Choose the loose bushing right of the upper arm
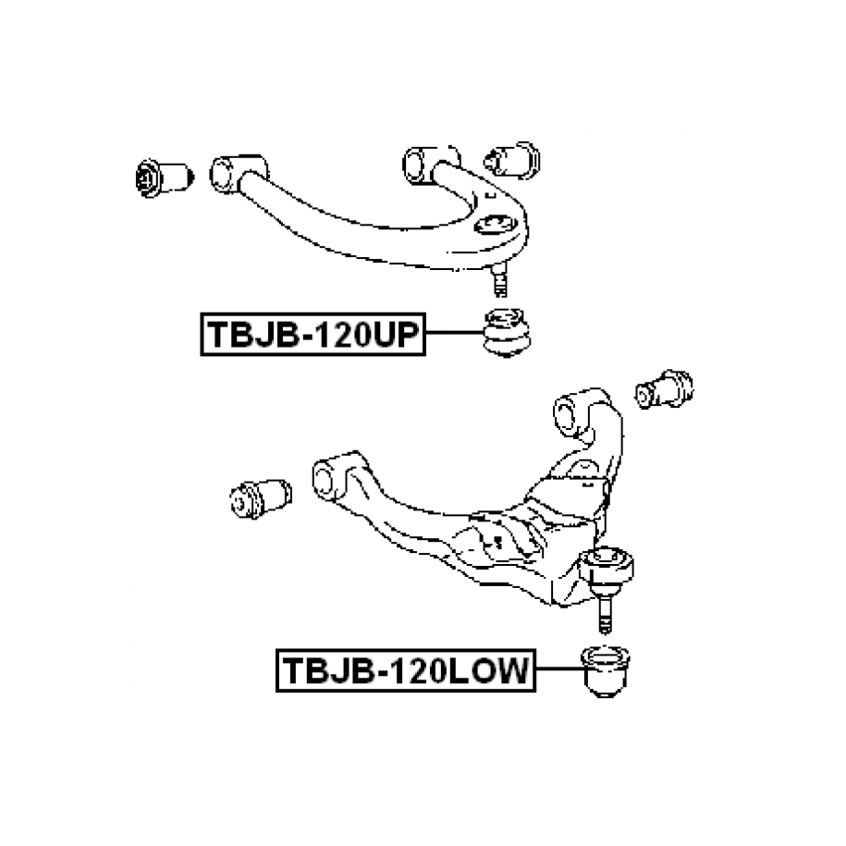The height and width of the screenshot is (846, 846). (x=516, y=161)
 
